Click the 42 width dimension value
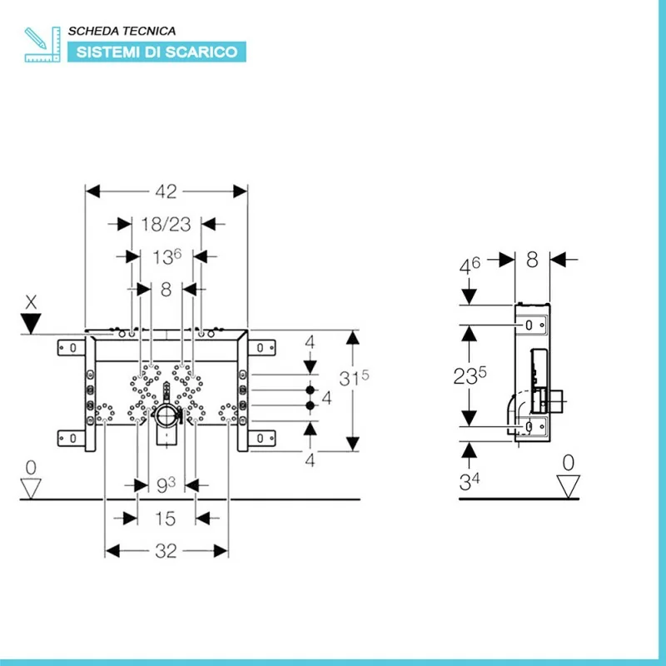(x=166, y=191)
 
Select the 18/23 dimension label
(x=166, y=223)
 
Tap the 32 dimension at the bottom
(x=166, y=551)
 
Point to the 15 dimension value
(x=166, y=519)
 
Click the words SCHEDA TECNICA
(x=122, y=31)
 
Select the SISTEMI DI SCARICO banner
(x=157, y=52)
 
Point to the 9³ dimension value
(x=166, y=484)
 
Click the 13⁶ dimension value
(x=166, y=257)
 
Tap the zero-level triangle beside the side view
(x=569, y=485)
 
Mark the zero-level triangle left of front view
(x=32, y=489)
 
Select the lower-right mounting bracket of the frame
(x=261, y=436)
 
